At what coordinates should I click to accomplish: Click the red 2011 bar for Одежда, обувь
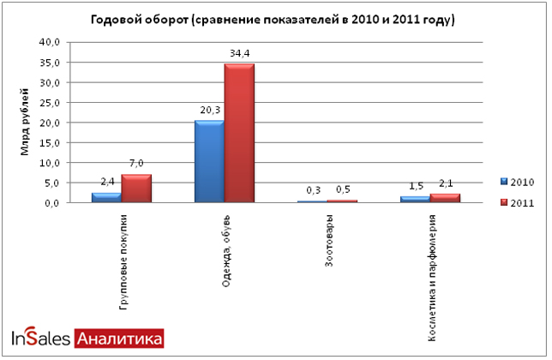[x=239, y=133]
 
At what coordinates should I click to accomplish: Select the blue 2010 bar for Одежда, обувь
[x=209, y=161]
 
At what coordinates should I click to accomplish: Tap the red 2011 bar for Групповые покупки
[x=136, y=188]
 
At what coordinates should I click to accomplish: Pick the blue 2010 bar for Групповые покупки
[x=106, y=197]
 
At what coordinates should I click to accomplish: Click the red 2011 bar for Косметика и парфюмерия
[x=445, y=198]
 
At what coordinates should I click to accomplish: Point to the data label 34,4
[x=239, y=53]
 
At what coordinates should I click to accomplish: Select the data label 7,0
[x=136, y=163]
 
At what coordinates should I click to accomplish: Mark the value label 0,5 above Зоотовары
[x=343, y=189]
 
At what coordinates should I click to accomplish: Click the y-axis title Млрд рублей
[x=25, y=123]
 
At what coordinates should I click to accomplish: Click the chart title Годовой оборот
[x=274, y=19]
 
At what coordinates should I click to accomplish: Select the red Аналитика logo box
[x=119, y=339]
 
